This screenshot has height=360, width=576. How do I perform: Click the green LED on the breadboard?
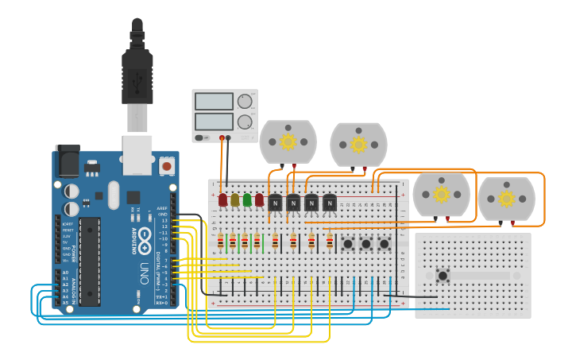coord(247,199)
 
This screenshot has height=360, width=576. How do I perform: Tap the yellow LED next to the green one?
coord(235,199)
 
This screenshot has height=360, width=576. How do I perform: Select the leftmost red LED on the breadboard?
coord(223,199)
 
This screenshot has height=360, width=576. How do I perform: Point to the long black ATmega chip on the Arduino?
coord(89,261)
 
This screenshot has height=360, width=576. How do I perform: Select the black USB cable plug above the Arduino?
coord(137,79)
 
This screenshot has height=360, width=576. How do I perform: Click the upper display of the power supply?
coord(214,102)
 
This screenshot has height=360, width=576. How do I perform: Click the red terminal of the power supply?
coord(222,138)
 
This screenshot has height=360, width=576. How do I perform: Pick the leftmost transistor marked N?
coord(276,203)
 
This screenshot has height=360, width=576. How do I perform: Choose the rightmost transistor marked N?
coord(329,203)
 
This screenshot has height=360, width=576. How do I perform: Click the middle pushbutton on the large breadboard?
coord(365,244)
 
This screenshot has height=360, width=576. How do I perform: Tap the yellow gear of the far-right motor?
coord(506,195)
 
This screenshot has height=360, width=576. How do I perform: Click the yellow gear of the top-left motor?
coord(288,141)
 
